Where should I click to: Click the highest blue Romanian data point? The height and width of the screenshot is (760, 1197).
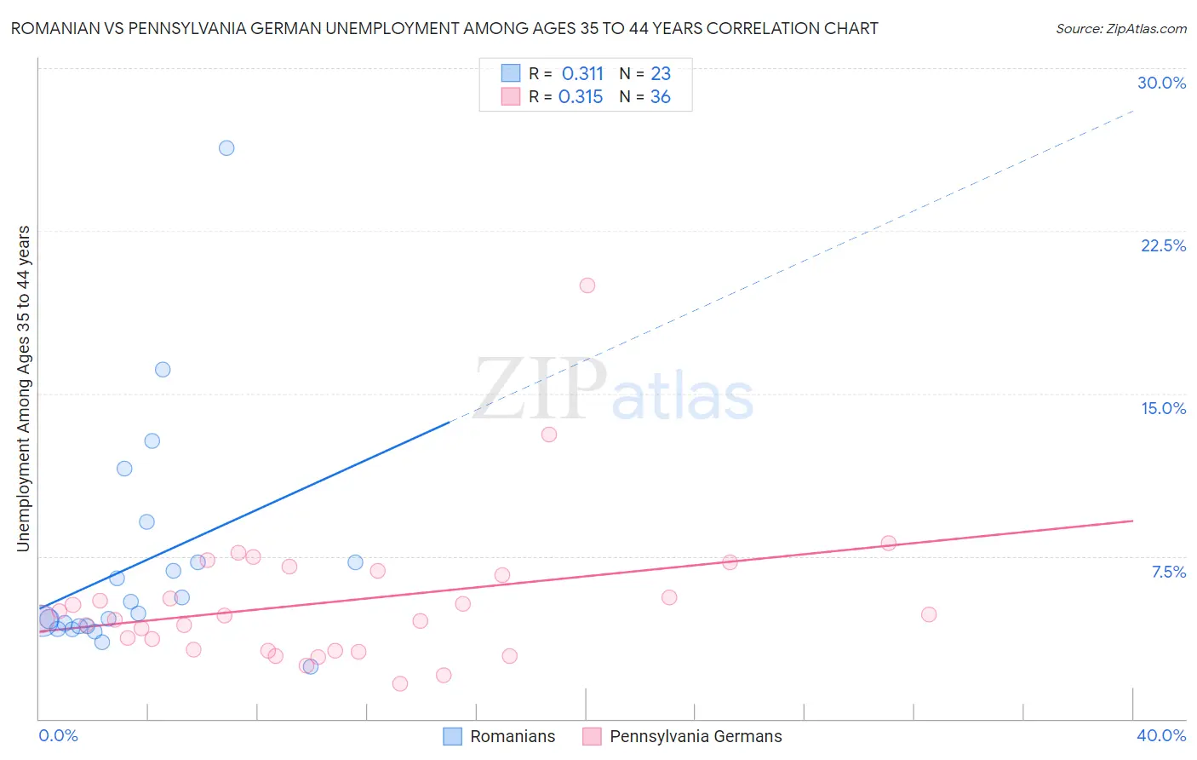pyautogui.click(x=226, y=148)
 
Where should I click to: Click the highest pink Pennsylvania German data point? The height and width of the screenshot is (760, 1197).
pyautogui.click(x=587, y=285)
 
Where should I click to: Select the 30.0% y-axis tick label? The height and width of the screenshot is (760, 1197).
pyautogui.click(x=1161, y=83)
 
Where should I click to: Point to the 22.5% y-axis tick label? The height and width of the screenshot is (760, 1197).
pyautogui.click(x=1163, y=245)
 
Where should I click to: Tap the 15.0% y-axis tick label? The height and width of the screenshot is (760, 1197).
pyautogui.click(x=1163, y=408)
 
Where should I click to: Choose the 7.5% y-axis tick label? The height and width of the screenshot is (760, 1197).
pyautogui.click(x=1168, y=572)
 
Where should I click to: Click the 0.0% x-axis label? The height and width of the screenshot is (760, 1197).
pyautogui.click(x=59, y=735)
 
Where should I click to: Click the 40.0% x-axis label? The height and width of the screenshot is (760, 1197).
pyautogui.click(x=1160, y=735)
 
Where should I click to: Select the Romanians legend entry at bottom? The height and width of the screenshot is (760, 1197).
pyautogui.click(x=512, y=736)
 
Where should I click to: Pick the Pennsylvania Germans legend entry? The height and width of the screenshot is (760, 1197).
pyautogui.click(x=695, y=736)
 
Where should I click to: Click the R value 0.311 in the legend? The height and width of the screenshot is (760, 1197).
pyautogui.click(x=582, y=74)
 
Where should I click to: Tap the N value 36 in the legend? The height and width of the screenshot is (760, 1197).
pyautogui.click(x=661, y=97)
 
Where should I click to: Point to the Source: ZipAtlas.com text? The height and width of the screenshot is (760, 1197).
pyautogui.click(x=1120, y=29)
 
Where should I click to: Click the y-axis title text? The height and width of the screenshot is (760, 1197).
pyautogui.click(x=24, y=389)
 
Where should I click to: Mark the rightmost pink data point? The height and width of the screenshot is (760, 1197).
pyautogui.click(x=929, y=614)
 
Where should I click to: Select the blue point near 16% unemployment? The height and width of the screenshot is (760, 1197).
pyautogui.click(x=163, y=370)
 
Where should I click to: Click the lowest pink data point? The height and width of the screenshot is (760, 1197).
pyautogui.click(x=400, y=683)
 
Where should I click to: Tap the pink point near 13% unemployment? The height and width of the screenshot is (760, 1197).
pyautogui.click(x=549, y=435)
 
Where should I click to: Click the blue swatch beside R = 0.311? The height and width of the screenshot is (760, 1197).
pyautogui.click(x=511, y=73)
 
